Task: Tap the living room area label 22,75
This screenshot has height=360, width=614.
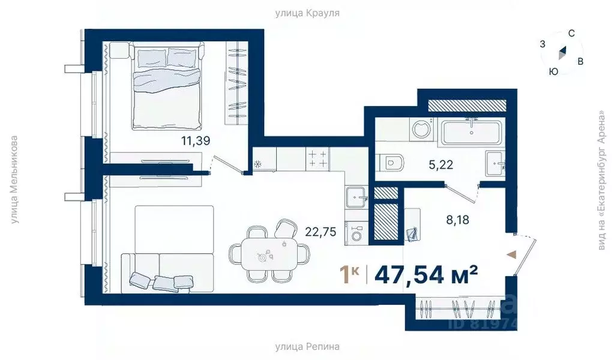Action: [321, 229]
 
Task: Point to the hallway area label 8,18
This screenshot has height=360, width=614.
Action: [457, 220]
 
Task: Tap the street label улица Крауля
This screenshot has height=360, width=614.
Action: [307, 13]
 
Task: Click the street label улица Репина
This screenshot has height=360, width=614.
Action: [307, 346]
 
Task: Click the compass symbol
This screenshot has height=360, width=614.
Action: [562, 53]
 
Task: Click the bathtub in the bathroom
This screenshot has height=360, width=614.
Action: [471, 133]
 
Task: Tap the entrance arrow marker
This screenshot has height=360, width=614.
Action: [511, 255]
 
